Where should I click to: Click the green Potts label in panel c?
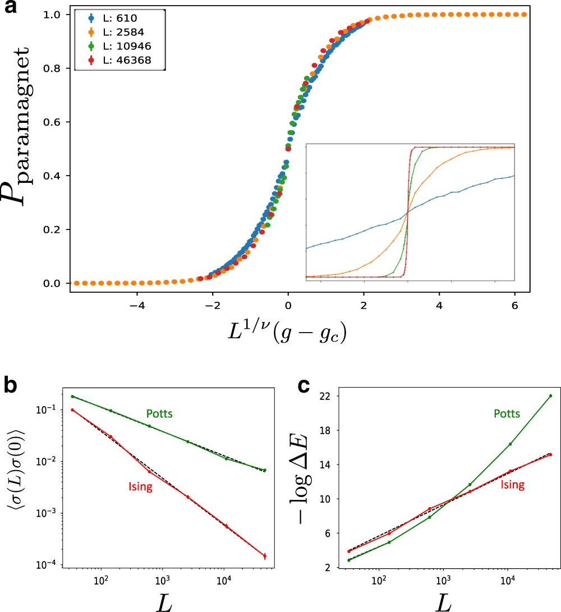point(507,414)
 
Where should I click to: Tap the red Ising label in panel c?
point(512,485)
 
